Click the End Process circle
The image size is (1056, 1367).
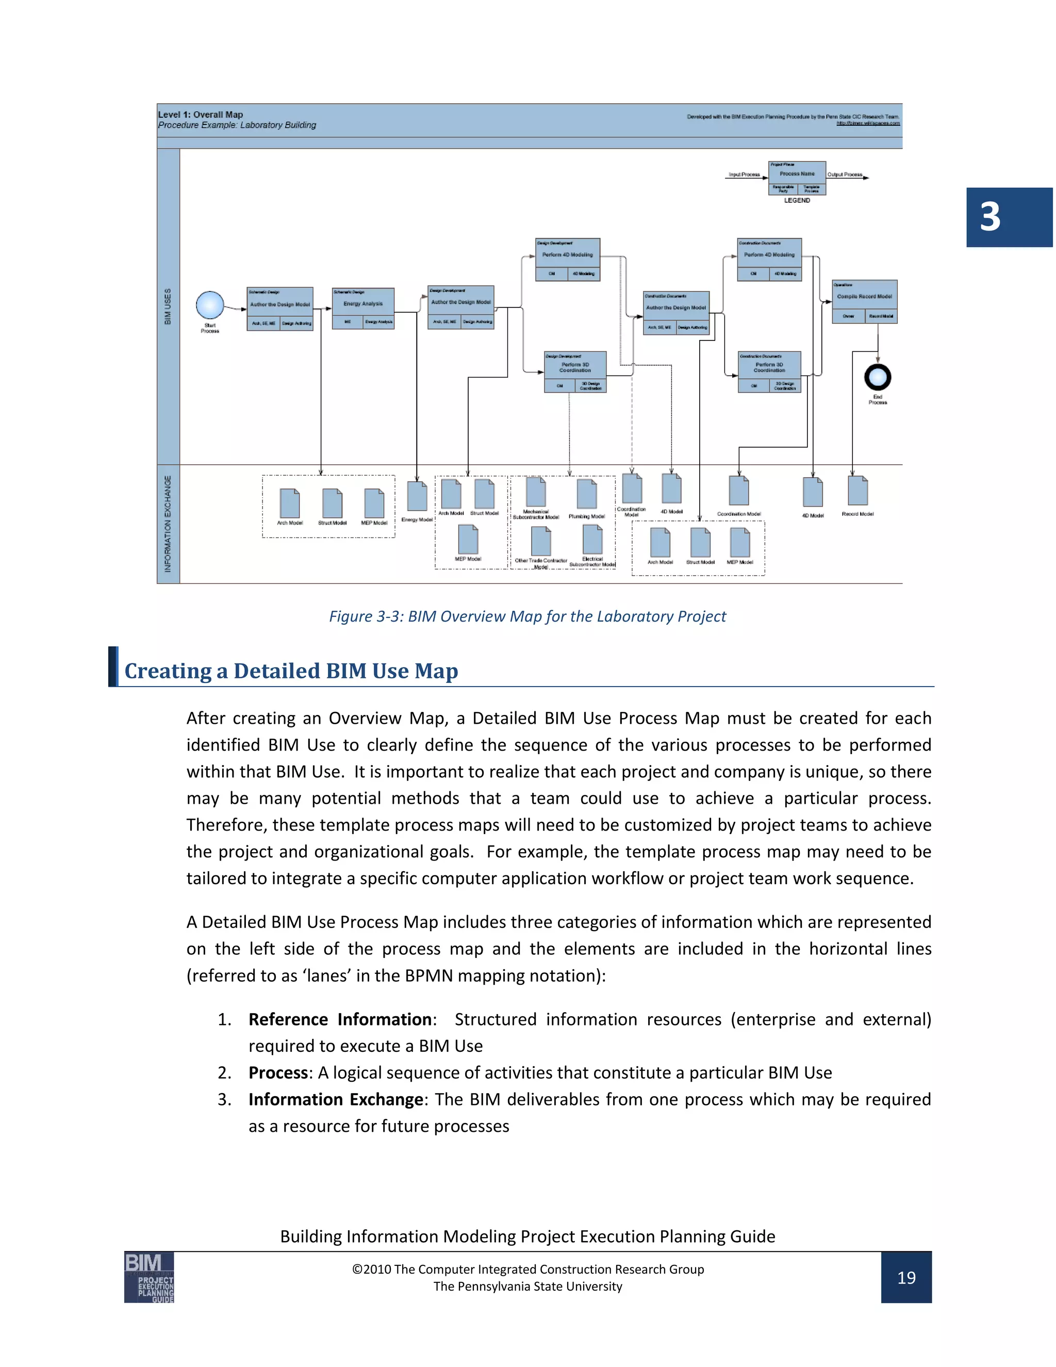coord(877,378)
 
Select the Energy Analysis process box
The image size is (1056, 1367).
coord(363,308)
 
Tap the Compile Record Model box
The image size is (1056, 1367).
coord(865,301)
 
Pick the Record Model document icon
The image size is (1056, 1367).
coord(857,491)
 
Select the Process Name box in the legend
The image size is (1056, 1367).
coord(797,173)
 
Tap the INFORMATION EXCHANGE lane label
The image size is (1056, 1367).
coord(168,524)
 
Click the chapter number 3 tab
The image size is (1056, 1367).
coord(1009,217)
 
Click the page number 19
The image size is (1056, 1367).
coord(906,1277)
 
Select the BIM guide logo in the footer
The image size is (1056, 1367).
coord(149,1277)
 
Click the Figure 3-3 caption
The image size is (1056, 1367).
coord(527,616)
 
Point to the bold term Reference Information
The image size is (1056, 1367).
coord(340,1020)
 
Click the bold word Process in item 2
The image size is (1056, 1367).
coord(278,1073)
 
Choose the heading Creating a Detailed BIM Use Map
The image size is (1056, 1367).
coord(291,671)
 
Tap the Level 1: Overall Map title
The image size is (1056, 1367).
coord(200,115)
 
